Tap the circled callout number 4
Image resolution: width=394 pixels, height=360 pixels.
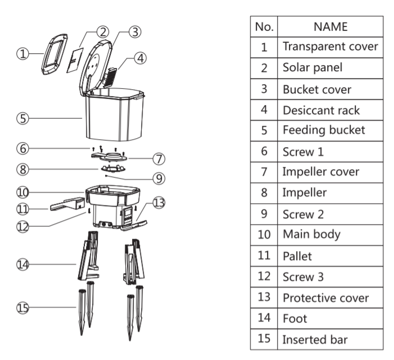tap(141, 58)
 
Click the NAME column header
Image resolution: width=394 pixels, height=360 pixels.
tap(330, 26)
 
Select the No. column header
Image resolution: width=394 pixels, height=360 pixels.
tap(264, 26)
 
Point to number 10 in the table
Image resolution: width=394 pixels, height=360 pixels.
tap(264, 235)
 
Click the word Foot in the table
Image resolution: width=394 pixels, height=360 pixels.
tap(295, 318)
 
